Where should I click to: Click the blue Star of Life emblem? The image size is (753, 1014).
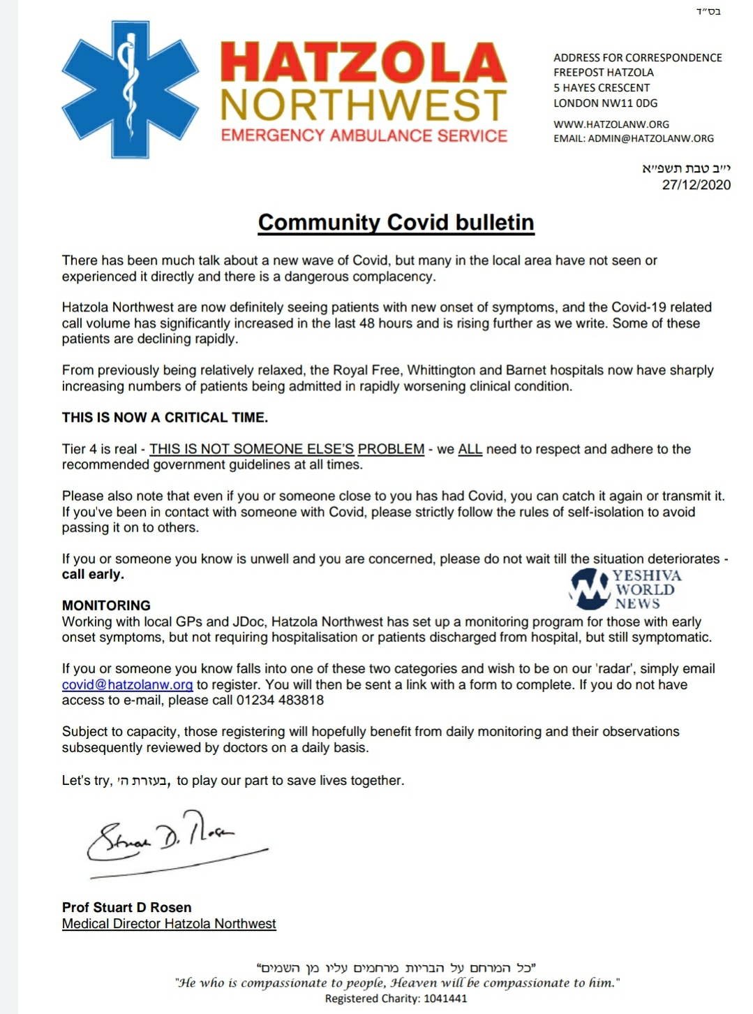[x=130, y=89]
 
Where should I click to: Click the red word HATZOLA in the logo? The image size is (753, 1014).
[x=364, y=63]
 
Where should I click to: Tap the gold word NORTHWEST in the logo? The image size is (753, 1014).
[x=364, y=105]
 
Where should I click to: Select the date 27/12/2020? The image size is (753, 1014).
[x=696, y=185]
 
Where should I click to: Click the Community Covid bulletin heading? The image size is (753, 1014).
[x=396, y=222]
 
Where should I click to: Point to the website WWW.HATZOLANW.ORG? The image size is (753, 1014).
[x=611, y=124]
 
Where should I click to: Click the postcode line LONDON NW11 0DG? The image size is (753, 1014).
[x=605, y=103]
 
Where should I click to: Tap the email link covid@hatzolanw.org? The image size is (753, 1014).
[x=127, y=685]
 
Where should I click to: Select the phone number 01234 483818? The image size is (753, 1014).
[x=280, y=700]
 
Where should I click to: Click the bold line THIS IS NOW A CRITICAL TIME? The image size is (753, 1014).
[x=165, y=418]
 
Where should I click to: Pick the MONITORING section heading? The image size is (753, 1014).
[x=106, y=605]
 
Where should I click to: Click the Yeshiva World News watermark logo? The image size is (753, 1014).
[x=625, y=589]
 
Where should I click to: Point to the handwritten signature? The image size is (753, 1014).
[x=167, y=838]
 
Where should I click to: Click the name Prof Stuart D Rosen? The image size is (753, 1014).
[x=126, y=908]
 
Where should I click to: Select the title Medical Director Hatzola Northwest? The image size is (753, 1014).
[x=169, y=924]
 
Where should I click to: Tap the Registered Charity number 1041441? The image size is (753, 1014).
[x=396, y=999]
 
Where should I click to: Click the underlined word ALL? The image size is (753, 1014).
[x=470, y=449]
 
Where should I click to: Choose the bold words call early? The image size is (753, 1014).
[x=93, y=575]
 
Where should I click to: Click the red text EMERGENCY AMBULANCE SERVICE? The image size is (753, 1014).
[x=364, y=135]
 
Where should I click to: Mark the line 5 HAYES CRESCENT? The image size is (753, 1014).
[x=602, y=88]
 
